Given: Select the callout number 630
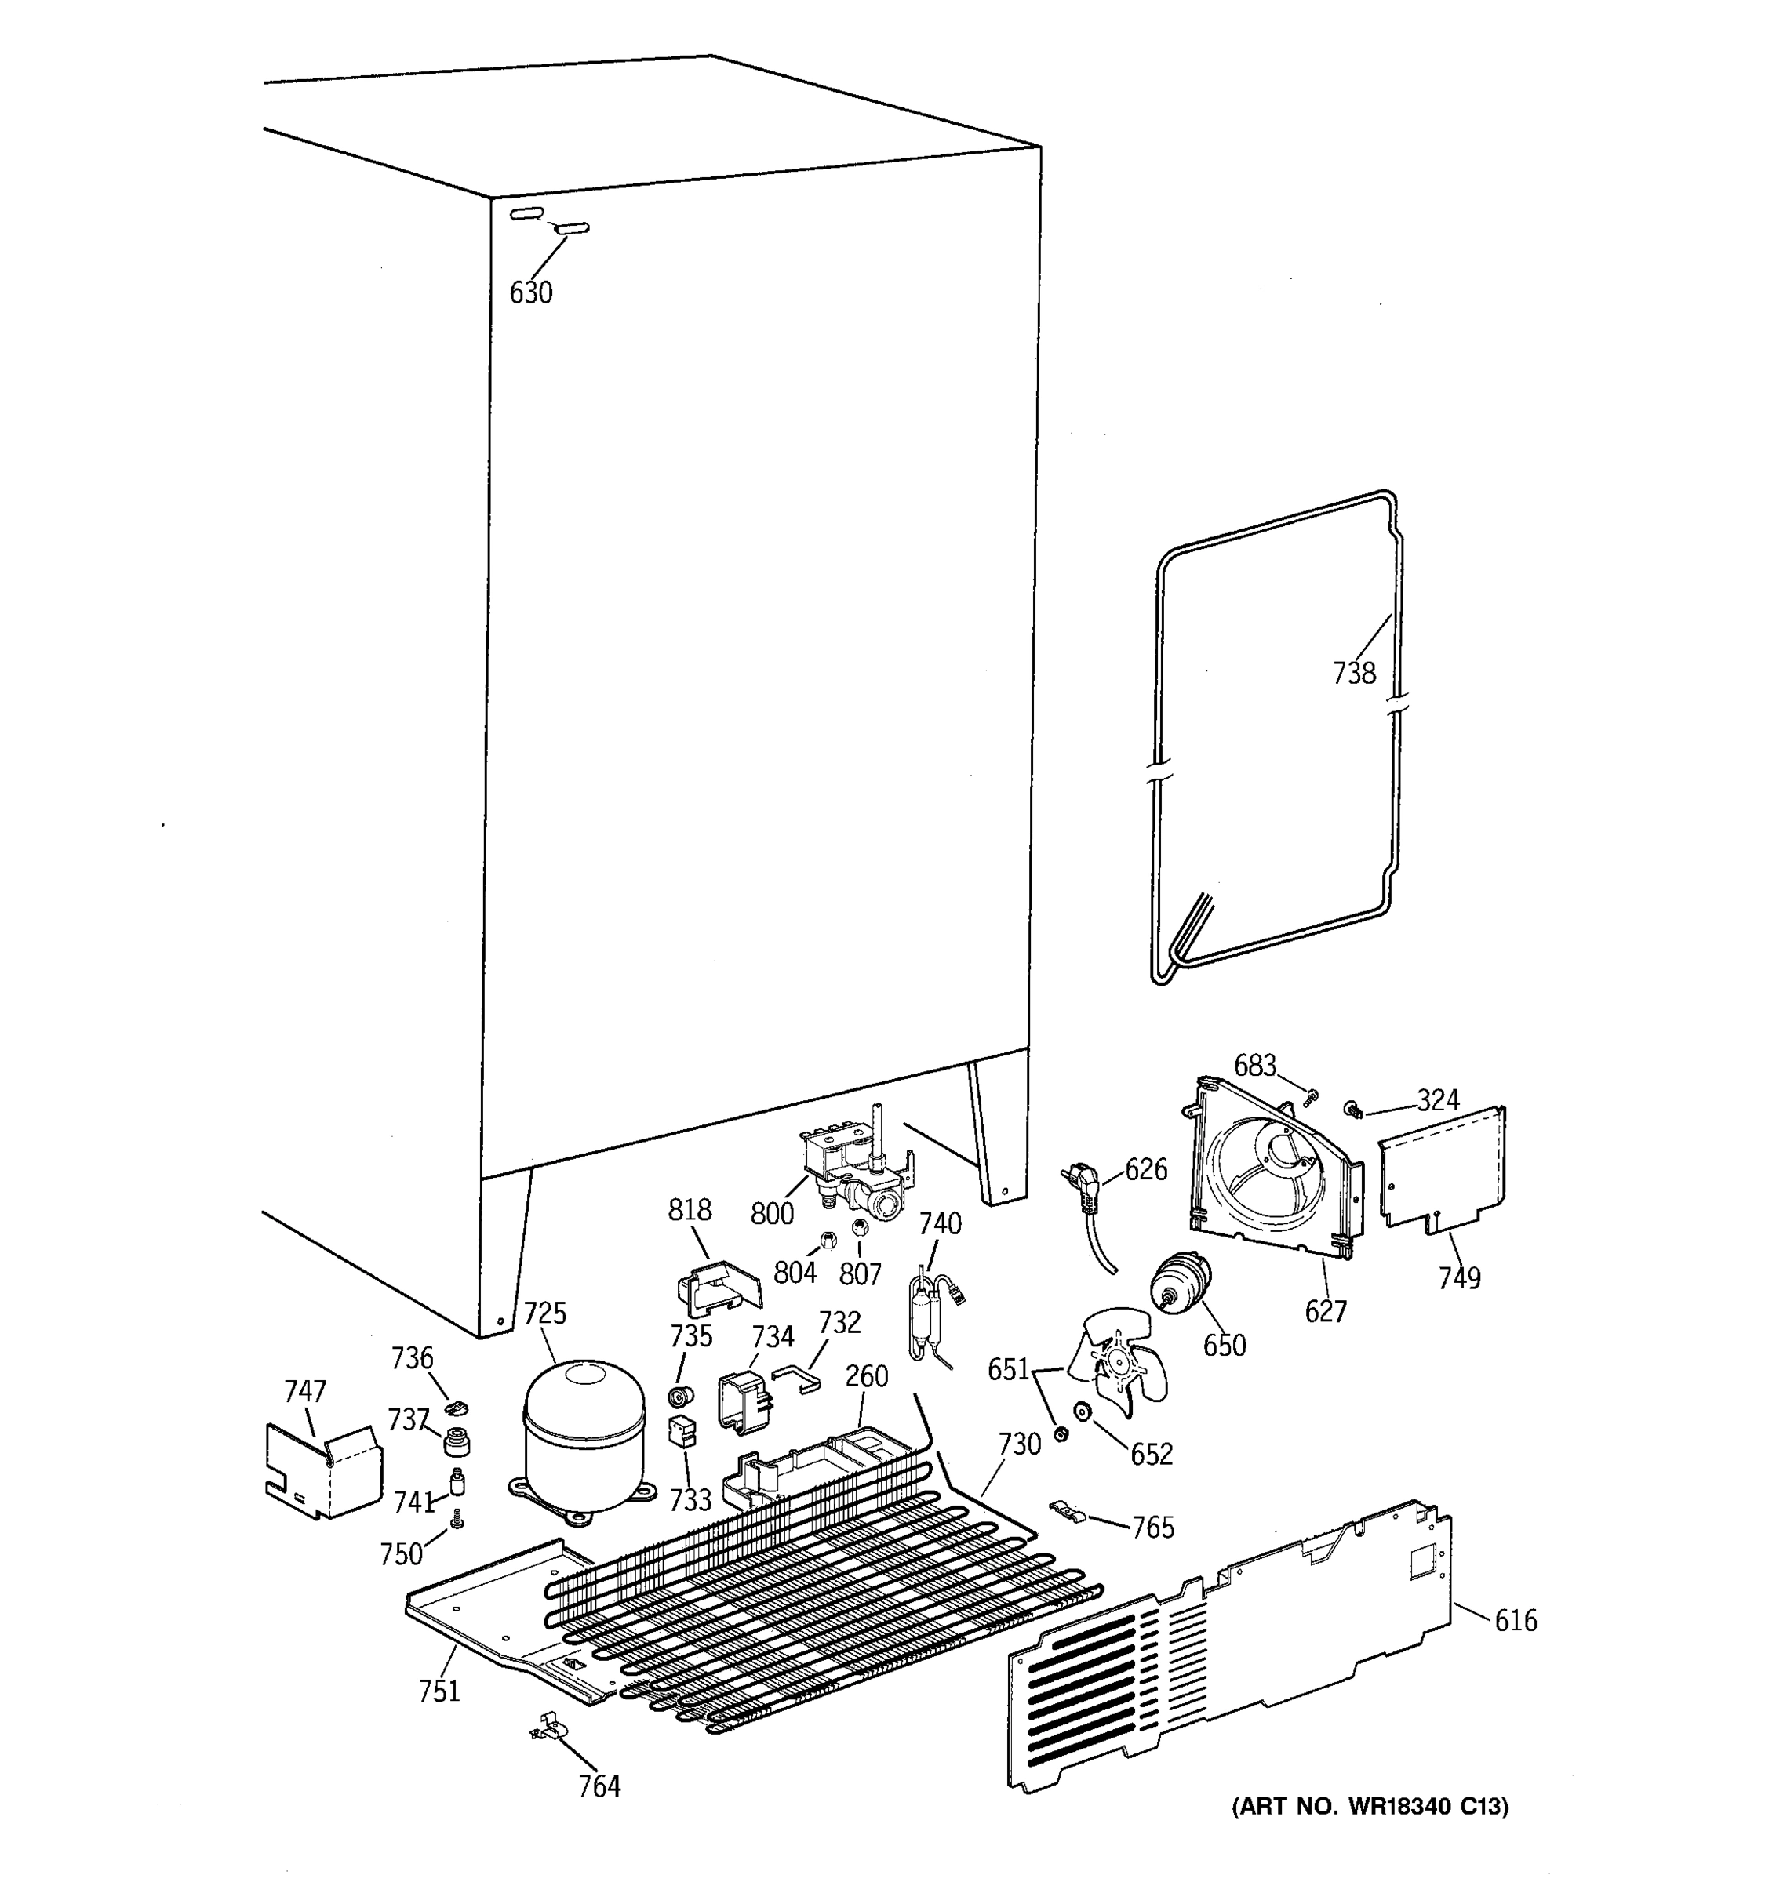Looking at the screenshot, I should [530, 292].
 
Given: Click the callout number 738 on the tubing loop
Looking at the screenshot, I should [1353, 673].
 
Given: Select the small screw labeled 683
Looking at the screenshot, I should [1312, 1097].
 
